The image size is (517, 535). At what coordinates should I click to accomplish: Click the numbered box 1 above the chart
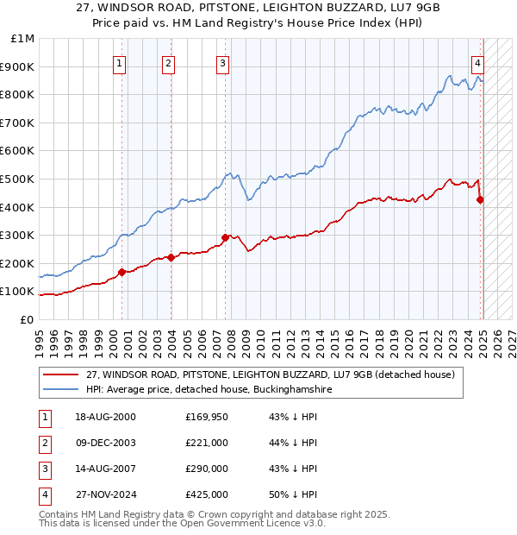coord(119,62)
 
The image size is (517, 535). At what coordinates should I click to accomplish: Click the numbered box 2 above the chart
coord(168,62)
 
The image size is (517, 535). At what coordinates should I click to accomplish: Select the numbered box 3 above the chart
coord(222,62)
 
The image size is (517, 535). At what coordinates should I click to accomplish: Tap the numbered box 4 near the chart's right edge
coord(477,62)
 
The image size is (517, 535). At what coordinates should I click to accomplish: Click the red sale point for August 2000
coord(122,272)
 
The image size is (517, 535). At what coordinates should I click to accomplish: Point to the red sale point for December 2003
coord(171,256)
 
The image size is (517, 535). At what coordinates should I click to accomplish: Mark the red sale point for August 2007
coord(225,237)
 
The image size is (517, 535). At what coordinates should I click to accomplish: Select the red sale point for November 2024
coord(480,199)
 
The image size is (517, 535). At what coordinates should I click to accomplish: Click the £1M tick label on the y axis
coord(23,39)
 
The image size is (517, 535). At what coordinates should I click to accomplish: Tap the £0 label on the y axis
coord(27,319)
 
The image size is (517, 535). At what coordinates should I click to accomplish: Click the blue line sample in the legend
coord(60,390)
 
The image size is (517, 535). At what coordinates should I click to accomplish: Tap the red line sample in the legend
coord(60,374)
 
